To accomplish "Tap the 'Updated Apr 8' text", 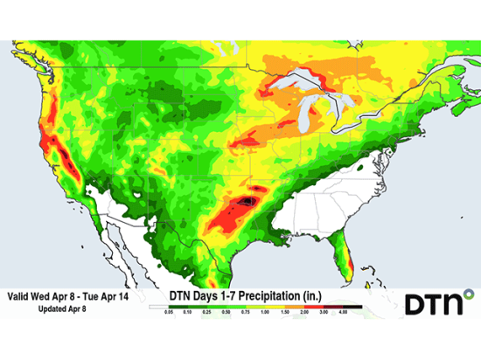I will click(65, 309).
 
